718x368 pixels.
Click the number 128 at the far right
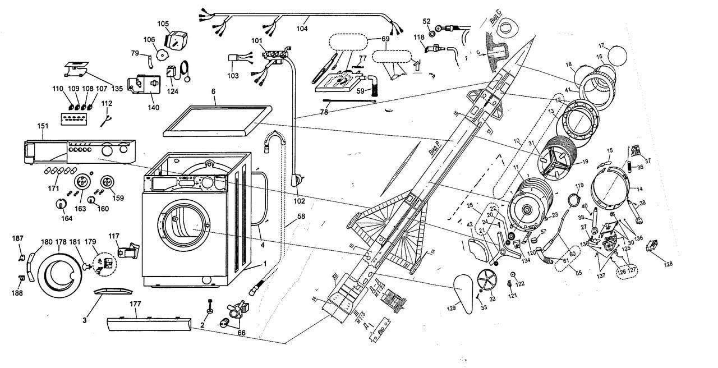668,264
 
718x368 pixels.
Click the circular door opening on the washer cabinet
185,231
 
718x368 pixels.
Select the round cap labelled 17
617,56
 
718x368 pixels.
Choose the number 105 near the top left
163,24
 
